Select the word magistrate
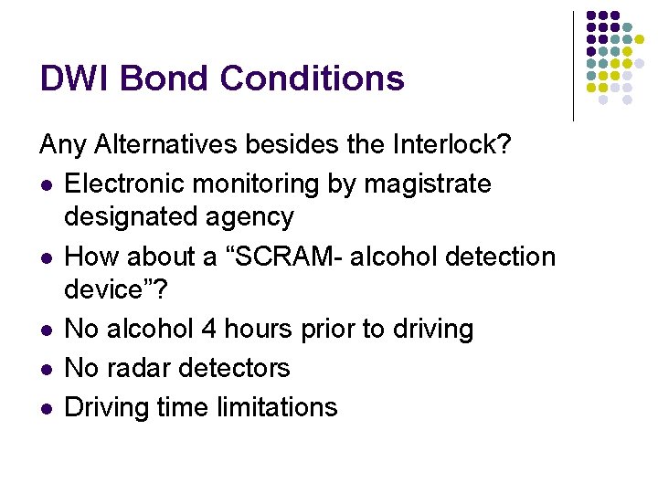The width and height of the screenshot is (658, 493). pos(428,184)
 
